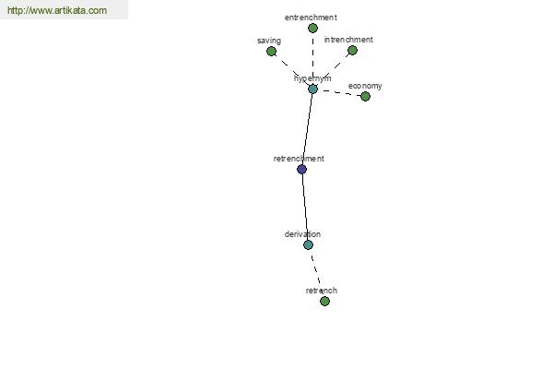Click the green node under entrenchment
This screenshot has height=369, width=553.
[312, 29]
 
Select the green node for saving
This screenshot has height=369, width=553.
[271, 52]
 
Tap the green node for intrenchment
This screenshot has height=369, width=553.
[352, 51]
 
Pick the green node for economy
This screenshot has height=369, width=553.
[365, 96]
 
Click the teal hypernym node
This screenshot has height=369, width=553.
[312, 89]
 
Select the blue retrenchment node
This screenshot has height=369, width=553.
[302, 170]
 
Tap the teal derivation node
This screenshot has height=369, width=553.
[308, 245]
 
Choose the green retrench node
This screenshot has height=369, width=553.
[324, 302]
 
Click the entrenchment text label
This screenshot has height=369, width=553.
[311, 18]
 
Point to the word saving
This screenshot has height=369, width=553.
[269, 41]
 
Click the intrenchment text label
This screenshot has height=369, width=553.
[348, 40]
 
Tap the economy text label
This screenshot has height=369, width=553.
[365, 86]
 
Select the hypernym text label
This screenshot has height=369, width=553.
[312, 78]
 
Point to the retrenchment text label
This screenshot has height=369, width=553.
[299, 159]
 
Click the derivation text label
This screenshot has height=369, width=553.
[302, 234]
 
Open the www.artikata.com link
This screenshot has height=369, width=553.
[57, 10]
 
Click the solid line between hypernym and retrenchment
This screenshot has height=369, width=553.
[307, 129]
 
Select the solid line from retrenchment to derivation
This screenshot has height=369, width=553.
[305, 208]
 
